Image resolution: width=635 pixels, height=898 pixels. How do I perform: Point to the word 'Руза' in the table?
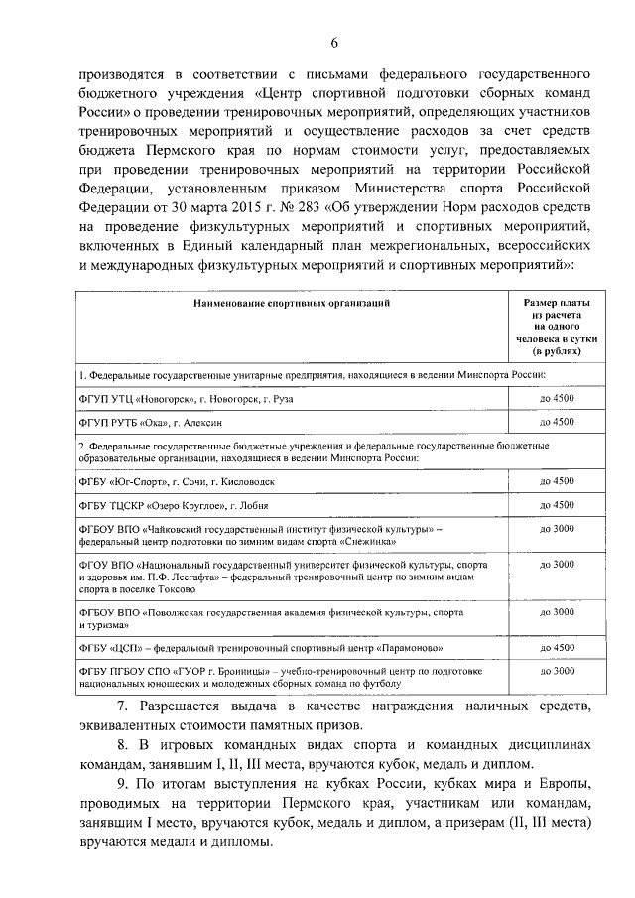280,398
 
